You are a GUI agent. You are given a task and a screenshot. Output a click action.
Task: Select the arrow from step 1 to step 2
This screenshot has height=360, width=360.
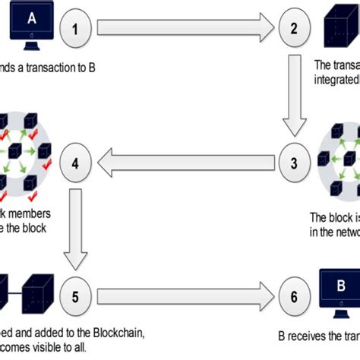[182, 31]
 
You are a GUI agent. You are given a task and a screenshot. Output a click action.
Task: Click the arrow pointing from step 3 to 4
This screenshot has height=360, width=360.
[182, 161]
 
